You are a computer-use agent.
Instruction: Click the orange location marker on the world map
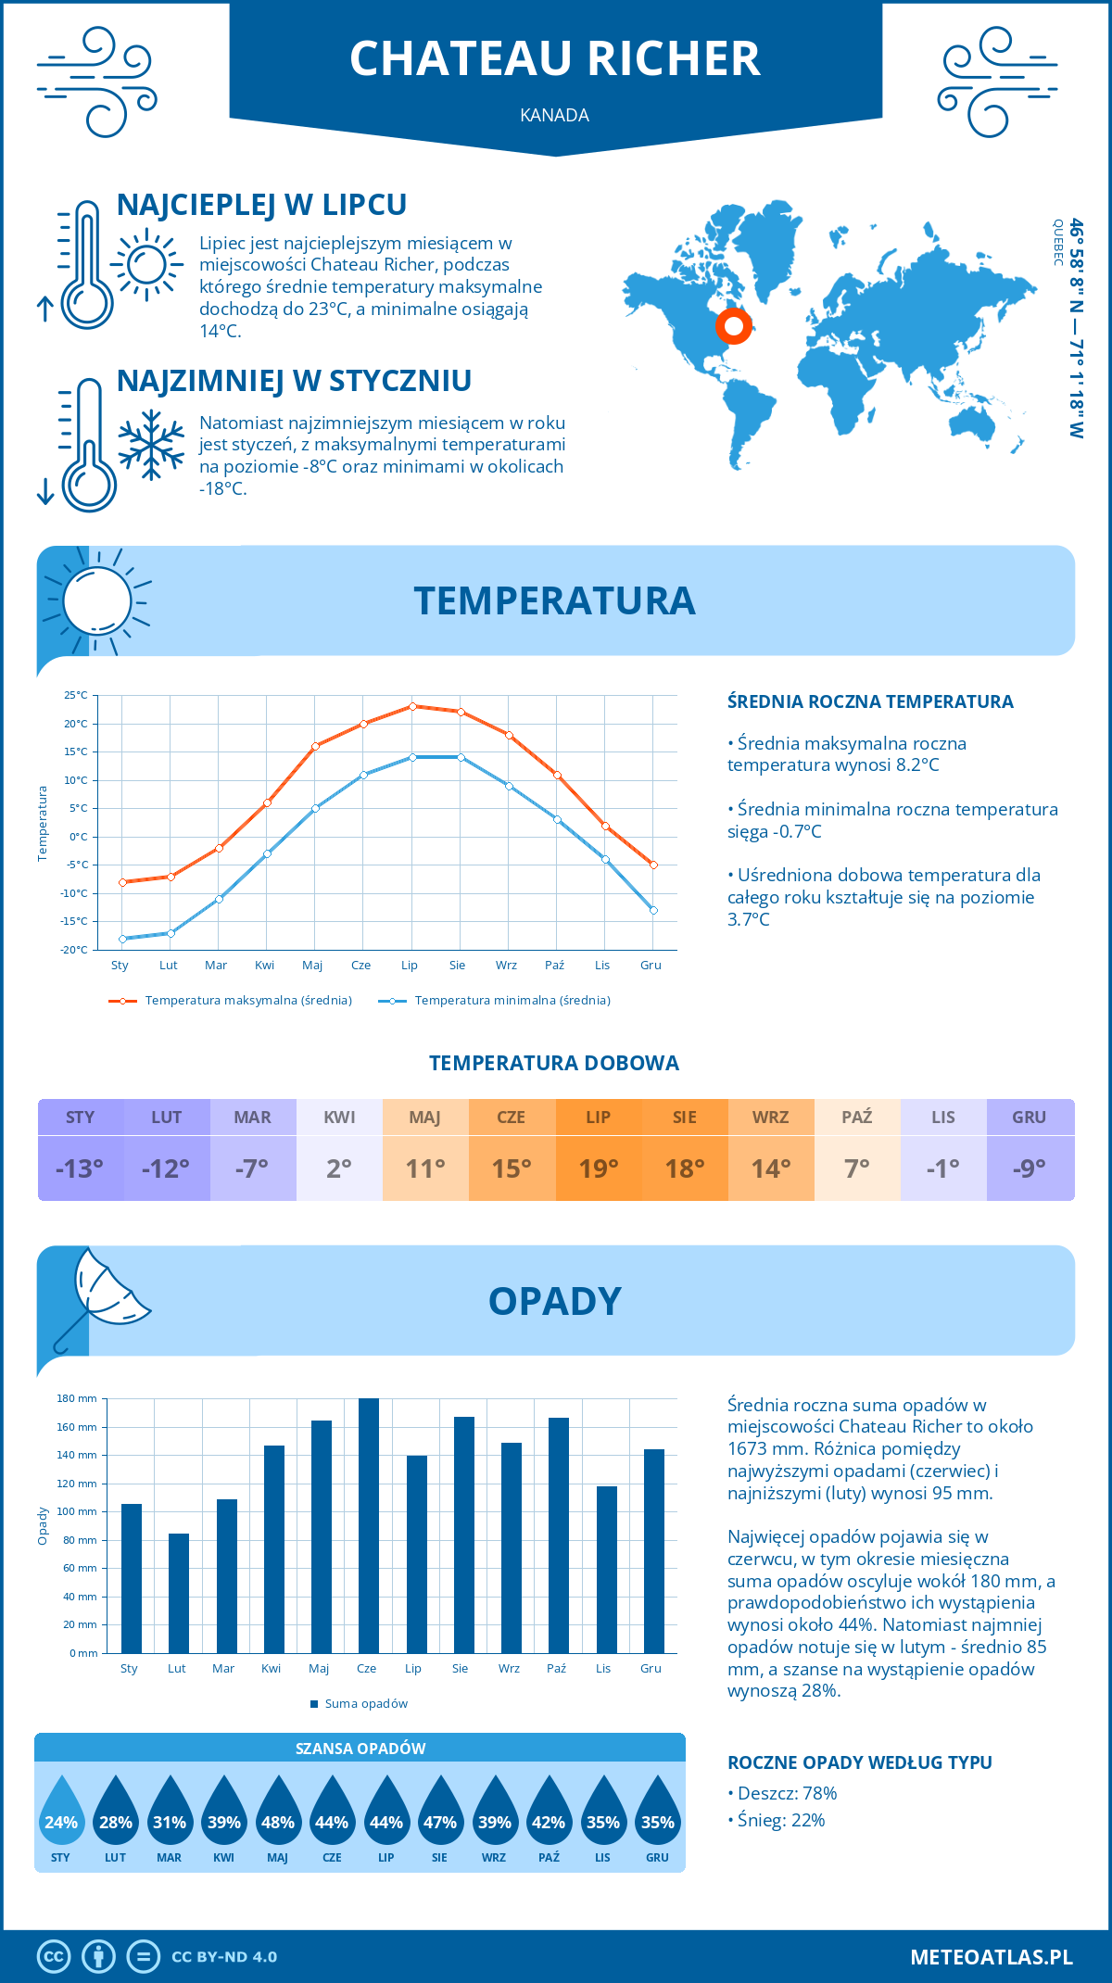pos(733,325)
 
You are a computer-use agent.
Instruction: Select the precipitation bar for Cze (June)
pos(368,1525)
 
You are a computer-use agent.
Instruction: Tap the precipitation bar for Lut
pos(179,1593)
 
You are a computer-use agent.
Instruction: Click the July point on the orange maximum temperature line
pos(412,706)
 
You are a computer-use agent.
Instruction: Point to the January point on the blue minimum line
pos(122,939)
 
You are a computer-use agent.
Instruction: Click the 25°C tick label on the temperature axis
pos(76,695)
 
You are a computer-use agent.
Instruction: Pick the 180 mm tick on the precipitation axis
pos(78,1398)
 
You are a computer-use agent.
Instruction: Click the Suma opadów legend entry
pos(365,1703)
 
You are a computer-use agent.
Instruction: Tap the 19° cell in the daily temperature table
pos(598,1168)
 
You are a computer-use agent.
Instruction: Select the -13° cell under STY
pos(80,1168)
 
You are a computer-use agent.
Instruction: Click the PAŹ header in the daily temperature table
pos(856,1117)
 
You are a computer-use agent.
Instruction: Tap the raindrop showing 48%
pos(278,1812)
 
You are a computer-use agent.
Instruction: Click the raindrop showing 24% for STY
pos(61,1812)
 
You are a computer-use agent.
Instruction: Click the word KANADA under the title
pos(554,115)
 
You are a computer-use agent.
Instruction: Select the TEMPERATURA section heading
pos(554,600)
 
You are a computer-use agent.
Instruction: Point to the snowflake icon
pos(151,445)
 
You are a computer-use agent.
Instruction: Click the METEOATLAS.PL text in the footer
pos(991,1956)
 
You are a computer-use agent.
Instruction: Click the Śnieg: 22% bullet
pos(780,1820)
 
